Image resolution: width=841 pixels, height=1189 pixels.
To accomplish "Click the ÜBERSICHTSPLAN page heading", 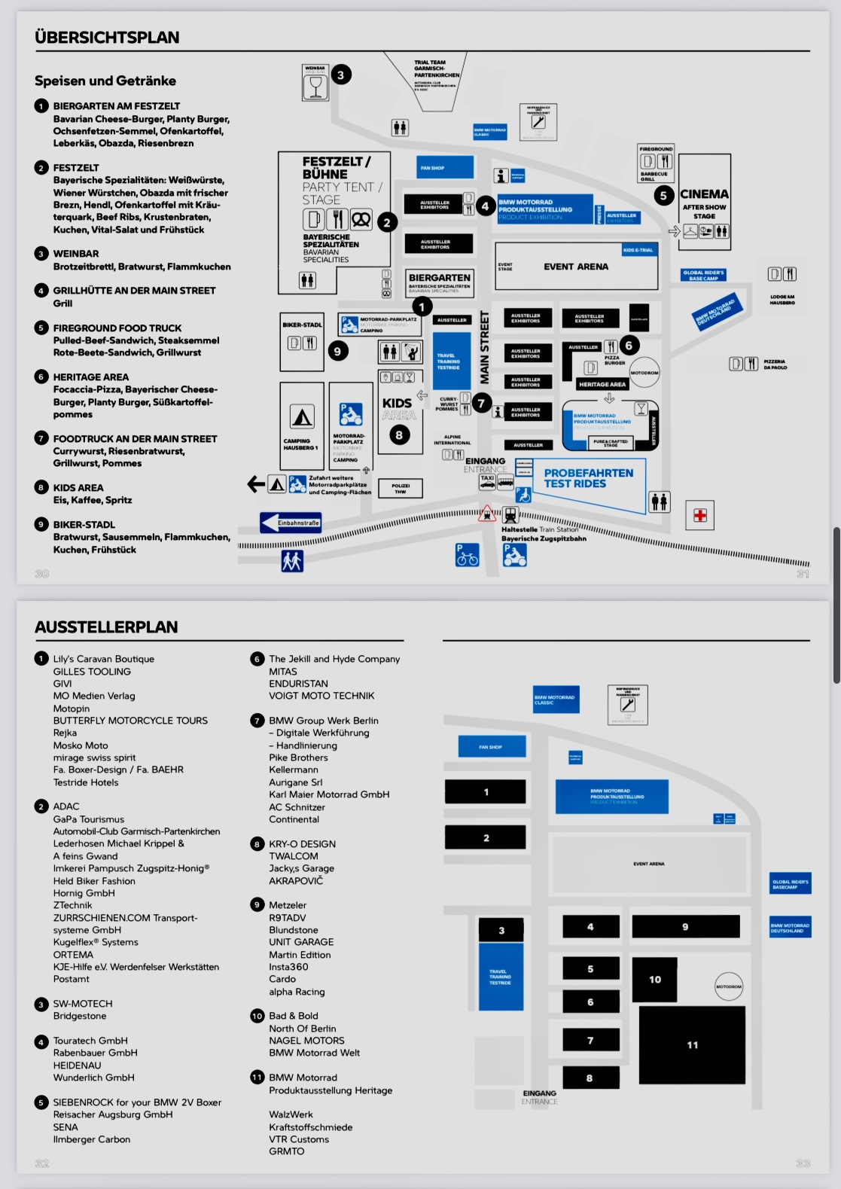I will click(107, 38).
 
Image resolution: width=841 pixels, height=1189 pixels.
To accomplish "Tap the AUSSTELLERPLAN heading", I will click(106, 627).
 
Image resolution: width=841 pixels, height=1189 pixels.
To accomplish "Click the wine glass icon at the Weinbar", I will click(315, 87).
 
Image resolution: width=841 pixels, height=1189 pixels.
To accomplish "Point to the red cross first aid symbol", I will click(700, 516).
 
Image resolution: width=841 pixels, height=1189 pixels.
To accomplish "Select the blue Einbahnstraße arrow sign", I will click(291, 523).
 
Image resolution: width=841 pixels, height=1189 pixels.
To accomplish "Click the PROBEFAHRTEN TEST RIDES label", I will click(589, 478).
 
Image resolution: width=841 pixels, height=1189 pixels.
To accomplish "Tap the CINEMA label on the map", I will click(704, 194).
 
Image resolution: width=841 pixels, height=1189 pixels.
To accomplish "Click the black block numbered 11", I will click(692, 1044).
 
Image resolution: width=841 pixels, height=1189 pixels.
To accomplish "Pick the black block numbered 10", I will click(654, 979).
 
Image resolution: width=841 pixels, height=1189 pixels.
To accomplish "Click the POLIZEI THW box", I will click(401, 489).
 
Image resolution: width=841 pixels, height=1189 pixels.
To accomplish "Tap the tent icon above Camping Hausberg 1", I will click(302, 416).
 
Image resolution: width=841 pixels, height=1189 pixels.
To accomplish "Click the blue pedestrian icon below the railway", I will click(292, 560).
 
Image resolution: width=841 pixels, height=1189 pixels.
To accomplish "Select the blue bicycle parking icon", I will click(467, 555).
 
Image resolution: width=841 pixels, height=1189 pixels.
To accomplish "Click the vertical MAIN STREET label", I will click(484, 347).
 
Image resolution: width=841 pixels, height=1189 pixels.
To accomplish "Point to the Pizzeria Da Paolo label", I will click(775, 364).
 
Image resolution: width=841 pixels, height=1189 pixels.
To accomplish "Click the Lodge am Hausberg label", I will click(782, 300).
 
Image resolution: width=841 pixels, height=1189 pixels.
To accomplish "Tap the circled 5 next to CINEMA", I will click(663, 196).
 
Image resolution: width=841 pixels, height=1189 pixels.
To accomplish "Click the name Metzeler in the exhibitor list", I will click(288, 905).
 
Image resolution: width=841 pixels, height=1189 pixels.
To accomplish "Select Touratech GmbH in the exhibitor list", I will click(90, 1041).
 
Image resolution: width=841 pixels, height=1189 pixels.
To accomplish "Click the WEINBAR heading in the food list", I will click(76, 254).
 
